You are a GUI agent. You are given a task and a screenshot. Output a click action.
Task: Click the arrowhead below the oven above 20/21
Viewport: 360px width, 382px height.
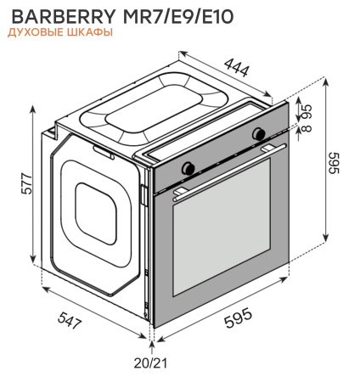coord(152,343)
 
